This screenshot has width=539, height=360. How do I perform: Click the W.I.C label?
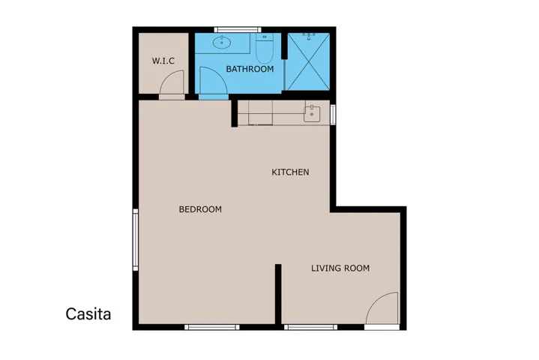pos(163,61)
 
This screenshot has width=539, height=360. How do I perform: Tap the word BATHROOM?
pos(250,69)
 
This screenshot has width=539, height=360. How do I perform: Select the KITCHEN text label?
pos(290,172)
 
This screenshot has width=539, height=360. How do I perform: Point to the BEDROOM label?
pos(200,209)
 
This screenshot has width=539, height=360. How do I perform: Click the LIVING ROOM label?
pos(340,268)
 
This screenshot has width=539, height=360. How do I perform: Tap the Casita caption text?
pos(88,314)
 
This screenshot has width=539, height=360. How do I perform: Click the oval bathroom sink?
pos(222,42)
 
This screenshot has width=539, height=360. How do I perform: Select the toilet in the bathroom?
pos(264,50)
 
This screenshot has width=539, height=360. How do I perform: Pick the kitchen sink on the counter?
pos(312,115)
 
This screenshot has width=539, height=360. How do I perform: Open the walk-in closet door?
pos(172,87)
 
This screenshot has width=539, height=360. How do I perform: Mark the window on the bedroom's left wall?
pos(136,239)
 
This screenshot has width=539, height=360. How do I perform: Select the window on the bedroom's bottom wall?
pos(211,327)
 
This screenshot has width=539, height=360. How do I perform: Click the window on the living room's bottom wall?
pos(310,327)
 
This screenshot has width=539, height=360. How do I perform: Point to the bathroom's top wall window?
pos(232,30)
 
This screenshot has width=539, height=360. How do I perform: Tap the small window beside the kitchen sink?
pos(333,115)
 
